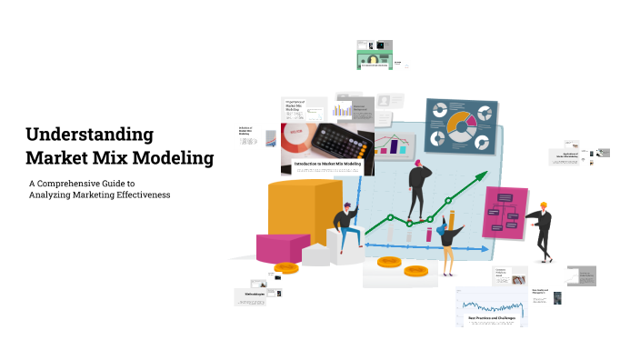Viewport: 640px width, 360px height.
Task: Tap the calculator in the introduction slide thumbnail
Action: pos(341,144)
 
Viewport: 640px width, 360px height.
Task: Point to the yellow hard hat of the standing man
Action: pos(544,205)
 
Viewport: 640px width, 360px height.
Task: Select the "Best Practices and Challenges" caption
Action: pos(491,318)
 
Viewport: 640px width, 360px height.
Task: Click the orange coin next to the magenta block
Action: pos(287,268)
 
